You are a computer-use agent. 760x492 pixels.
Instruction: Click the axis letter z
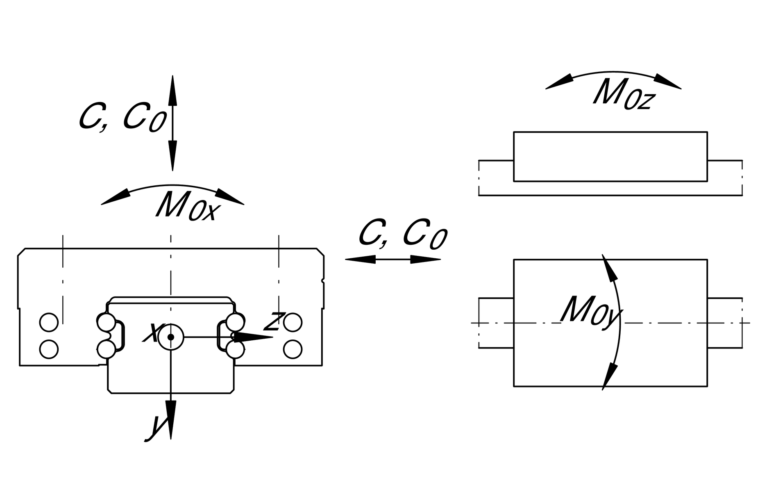(x=274, y=321)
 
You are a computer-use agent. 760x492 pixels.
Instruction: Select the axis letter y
(x=155, y=427)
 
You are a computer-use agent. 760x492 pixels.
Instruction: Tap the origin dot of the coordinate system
(x=171, y=337)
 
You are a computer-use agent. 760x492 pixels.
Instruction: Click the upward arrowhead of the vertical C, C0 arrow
(x=172, y=90)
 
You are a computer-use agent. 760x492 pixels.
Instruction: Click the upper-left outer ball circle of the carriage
(x=49, y=322)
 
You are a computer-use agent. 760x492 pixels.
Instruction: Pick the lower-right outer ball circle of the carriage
(x=293, y=349)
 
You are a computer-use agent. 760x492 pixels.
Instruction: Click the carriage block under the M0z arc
(x=610, y=156)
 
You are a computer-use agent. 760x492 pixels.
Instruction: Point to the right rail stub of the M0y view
(x=724, y=323)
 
